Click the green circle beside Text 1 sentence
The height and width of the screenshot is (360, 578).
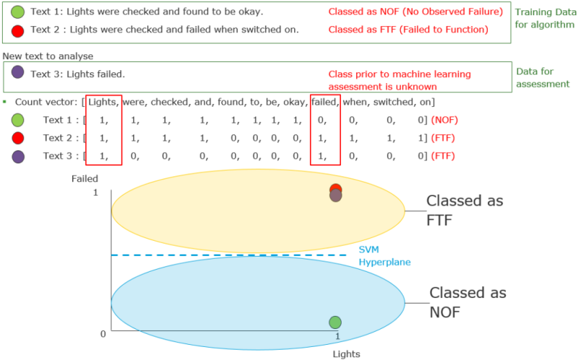[x=17, y=12]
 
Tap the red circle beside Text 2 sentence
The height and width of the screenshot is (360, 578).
[x=17, y=30]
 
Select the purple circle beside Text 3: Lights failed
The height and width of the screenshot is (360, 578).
[x=17, y=72]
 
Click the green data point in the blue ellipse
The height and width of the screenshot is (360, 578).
[x=335, y=322]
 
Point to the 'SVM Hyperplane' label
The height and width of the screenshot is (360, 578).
[x=384, y=255]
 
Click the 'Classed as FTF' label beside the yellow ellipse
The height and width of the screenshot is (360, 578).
[x=464, y=210]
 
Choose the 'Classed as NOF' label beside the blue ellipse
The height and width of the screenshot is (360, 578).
[x=467, y=302]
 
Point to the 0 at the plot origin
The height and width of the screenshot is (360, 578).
[x=103, y=333]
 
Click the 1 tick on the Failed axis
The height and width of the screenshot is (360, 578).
[x=95, y=193]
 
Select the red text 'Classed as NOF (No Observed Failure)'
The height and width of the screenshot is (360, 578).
[x=416, y=12]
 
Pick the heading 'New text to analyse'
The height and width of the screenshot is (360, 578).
[x=48, y=56]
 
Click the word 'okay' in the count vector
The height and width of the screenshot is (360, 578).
[x=293, y=102]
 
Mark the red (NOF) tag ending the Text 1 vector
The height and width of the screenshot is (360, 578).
[x=443, y=119]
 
